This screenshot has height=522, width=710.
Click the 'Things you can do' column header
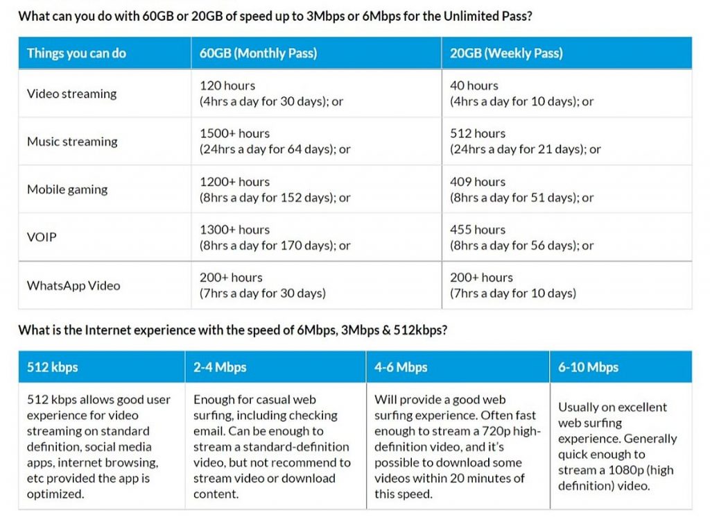[76, 53]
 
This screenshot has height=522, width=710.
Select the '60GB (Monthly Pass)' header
[258, 53]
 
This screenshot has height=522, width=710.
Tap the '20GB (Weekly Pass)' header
[506, 53]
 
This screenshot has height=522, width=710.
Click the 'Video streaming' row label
[71, 94]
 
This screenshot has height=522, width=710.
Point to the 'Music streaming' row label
[72, 142]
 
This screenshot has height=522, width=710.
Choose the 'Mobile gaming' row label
[67, 190]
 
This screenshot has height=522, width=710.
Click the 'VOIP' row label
[42, 237]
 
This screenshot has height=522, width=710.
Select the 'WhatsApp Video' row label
[73, 285]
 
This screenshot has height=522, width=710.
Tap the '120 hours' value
[227, 85]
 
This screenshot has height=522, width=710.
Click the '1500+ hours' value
[234, 134]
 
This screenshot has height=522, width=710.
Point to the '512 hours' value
[477, 134]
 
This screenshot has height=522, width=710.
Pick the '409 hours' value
[477, 182]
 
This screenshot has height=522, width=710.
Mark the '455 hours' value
[477, 230]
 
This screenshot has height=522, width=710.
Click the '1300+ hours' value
[234, 230]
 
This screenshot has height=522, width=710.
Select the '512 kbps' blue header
[52, 367]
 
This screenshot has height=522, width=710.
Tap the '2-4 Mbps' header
[220, 367]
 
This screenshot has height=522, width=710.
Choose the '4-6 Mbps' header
[401, 367]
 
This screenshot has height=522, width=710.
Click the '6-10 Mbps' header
[588, 367]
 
